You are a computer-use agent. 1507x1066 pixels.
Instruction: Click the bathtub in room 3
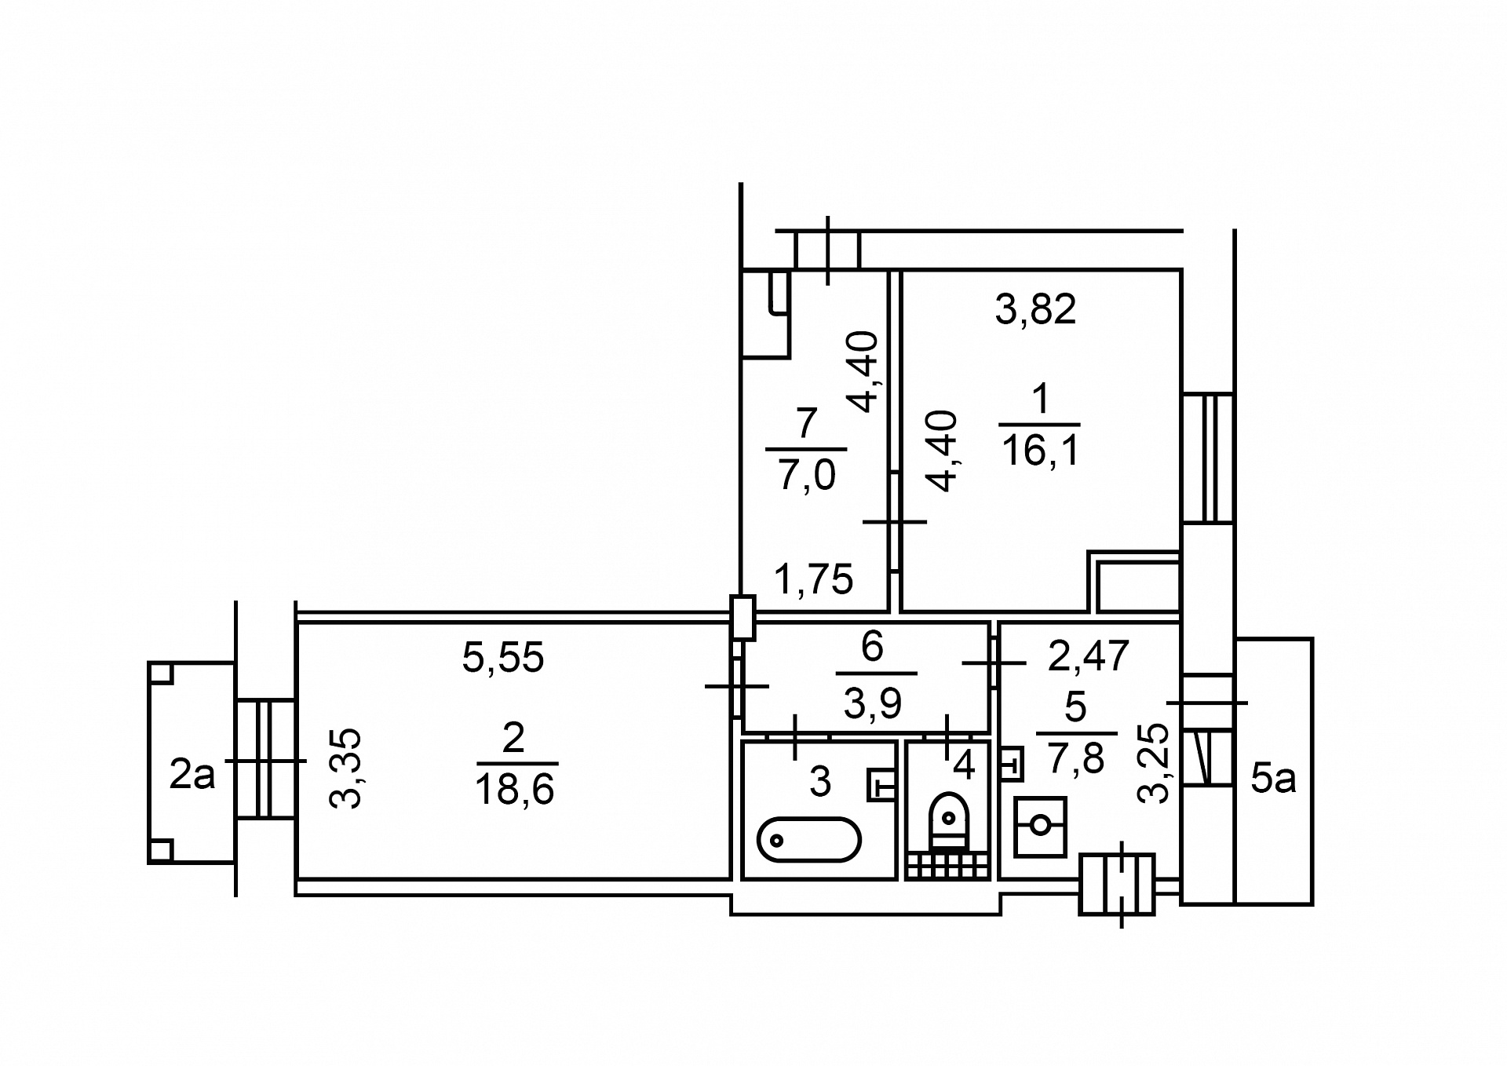coord(809,839)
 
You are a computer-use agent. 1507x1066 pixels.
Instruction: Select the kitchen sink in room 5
coord(1040,827)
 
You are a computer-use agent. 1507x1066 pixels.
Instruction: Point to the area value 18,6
coord(515,790)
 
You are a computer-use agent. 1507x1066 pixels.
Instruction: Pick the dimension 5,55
coord(503,658)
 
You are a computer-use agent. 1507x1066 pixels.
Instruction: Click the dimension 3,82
coord(1036,309)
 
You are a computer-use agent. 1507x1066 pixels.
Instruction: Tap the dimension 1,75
coord(813,580)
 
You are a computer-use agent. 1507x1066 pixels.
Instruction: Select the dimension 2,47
coord(1089,656)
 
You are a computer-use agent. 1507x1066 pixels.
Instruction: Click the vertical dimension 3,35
coord(345,768)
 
